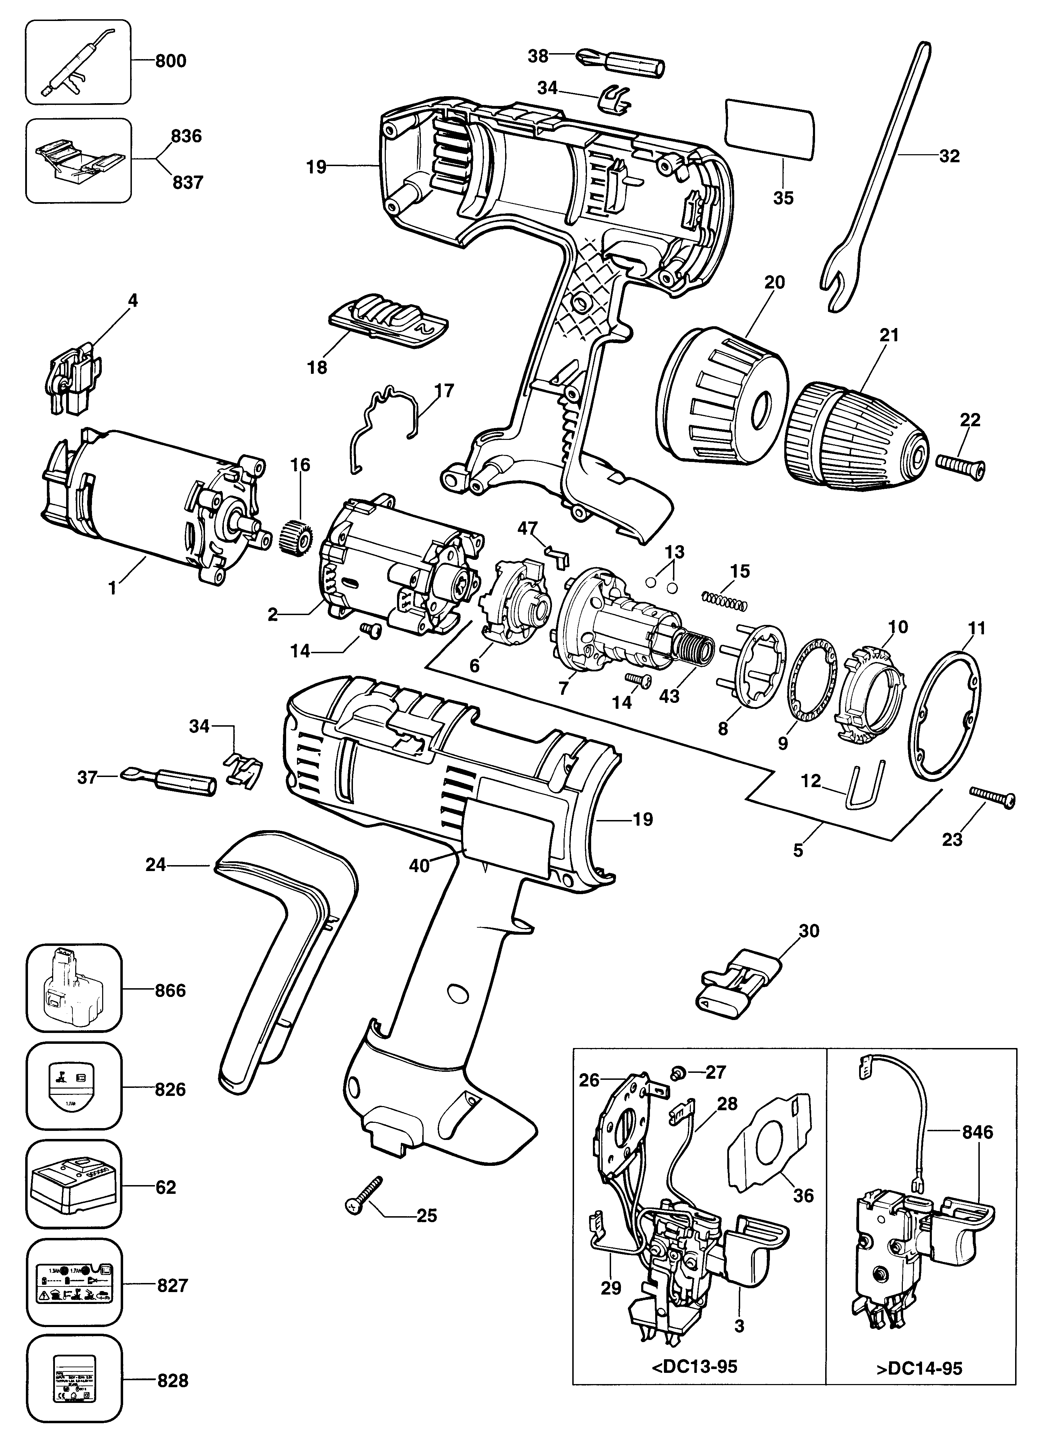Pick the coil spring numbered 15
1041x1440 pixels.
(724, 601)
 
